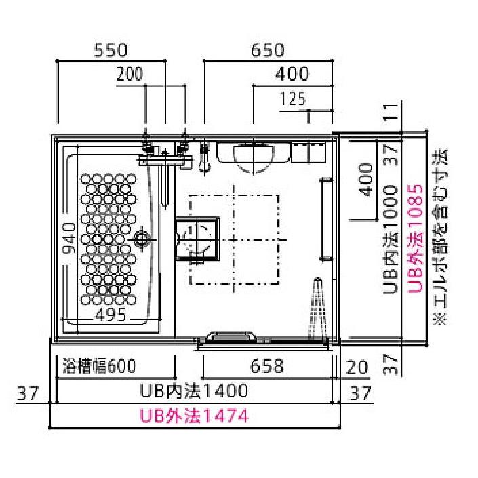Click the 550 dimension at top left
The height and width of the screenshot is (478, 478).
[111, 49]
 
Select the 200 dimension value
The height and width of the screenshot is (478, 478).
[130, 74]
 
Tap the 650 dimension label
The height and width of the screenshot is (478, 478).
[267, 49]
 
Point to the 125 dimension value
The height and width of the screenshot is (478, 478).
[292, 99]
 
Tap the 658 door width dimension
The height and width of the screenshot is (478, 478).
[266, 367]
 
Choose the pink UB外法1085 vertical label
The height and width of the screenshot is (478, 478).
[416, 237]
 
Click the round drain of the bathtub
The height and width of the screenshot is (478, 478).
[142, 239]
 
